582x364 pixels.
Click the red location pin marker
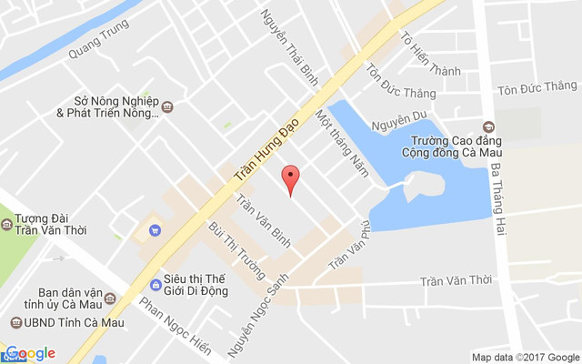[290, 177]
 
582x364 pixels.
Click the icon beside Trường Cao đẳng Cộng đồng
[489, 126]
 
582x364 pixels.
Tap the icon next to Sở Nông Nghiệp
[167, 107]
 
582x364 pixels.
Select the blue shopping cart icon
[154, 229]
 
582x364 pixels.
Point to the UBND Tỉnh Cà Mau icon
[16, 323]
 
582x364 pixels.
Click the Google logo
[30, 353]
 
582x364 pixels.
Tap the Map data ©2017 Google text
[525, 357]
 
